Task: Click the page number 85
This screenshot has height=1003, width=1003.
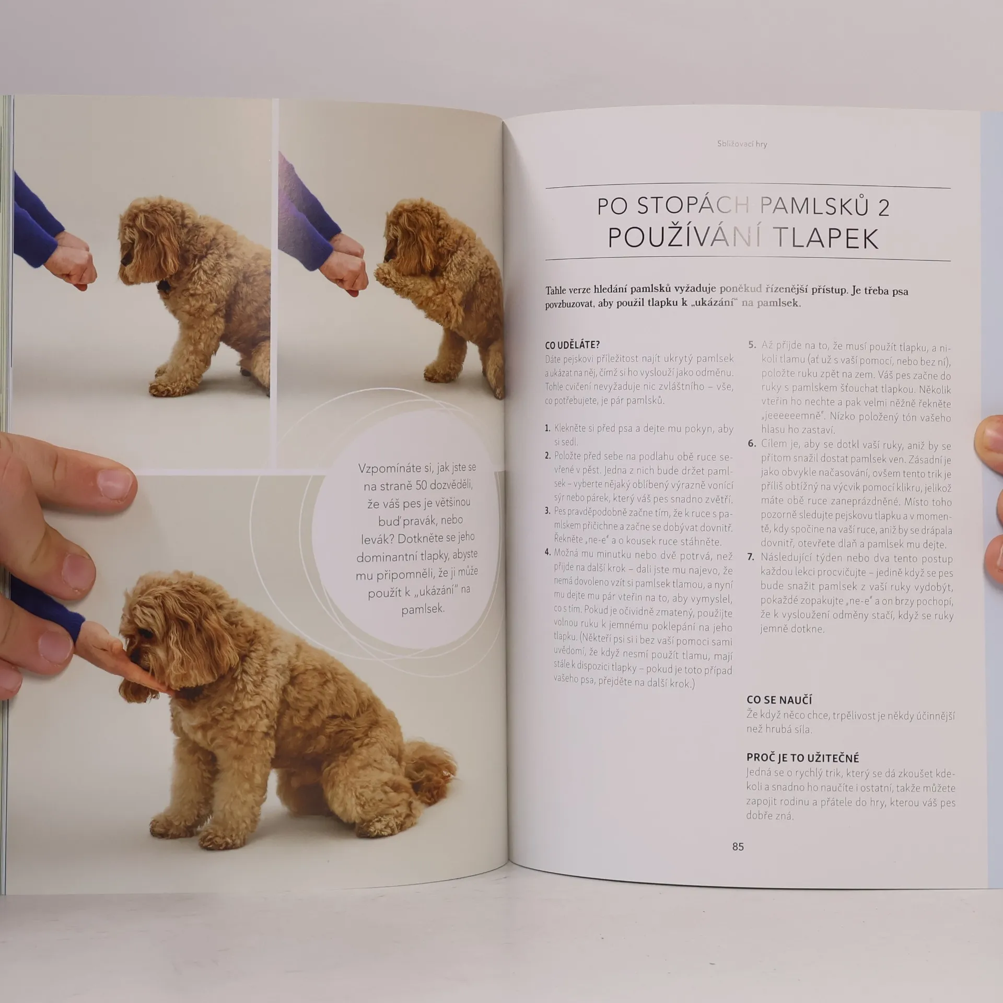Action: [x=738, y=847]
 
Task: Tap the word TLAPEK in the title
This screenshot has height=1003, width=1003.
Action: [x=826, y=238]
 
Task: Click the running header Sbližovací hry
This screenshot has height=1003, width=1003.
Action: [x=742, y=144]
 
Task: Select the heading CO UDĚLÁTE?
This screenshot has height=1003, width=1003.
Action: [x=573, y=345]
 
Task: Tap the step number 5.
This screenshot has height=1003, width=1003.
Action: [x=752, y=345]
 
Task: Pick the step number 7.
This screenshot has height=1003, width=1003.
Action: [x=751, y=557]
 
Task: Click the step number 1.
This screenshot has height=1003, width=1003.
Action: [x=547, y=428]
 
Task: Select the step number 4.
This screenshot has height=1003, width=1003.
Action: [x=547, y=552]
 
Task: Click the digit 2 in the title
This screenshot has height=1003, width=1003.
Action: [x=883, y=207]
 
